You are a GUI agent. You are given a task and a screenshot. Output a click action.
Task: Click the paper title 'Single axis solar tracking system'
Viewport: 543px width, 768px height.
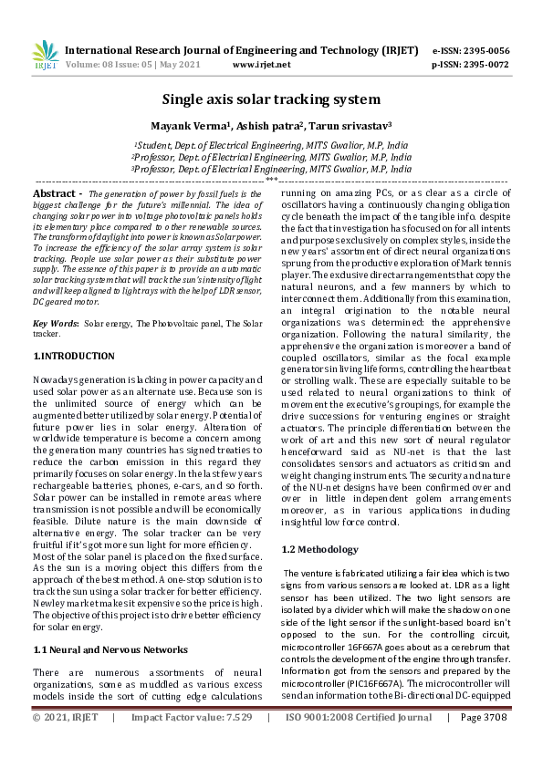271,99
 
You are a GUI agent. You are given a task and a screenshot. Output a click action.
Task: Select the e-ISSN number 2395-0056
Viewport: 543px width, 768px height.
486,50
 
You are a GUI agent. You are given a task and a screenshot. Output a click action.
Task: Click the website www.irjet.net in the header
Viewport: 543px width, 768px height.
262,65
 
